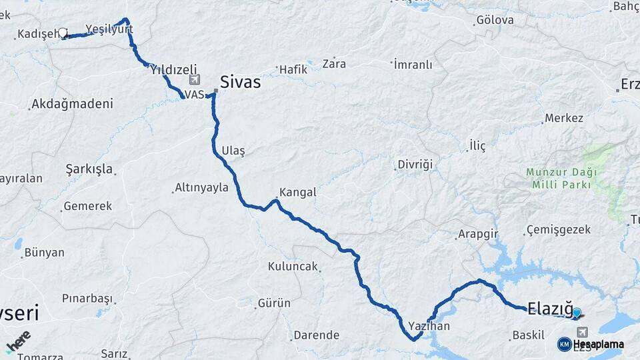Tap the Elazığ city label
pos(550,308)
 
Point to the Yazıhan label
pos(429,326)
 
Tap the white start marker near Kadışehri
pos(63,33)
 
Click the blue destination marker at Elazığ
pos(577,312)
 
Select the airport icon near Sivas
pos(194,81)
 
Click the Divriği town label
pos(415,164)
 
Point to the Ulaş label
pos(234,151)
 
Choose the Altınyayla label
pos(201,187)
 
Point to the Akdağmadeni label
pos(72,104)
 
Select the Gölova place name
pos(495,20)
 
